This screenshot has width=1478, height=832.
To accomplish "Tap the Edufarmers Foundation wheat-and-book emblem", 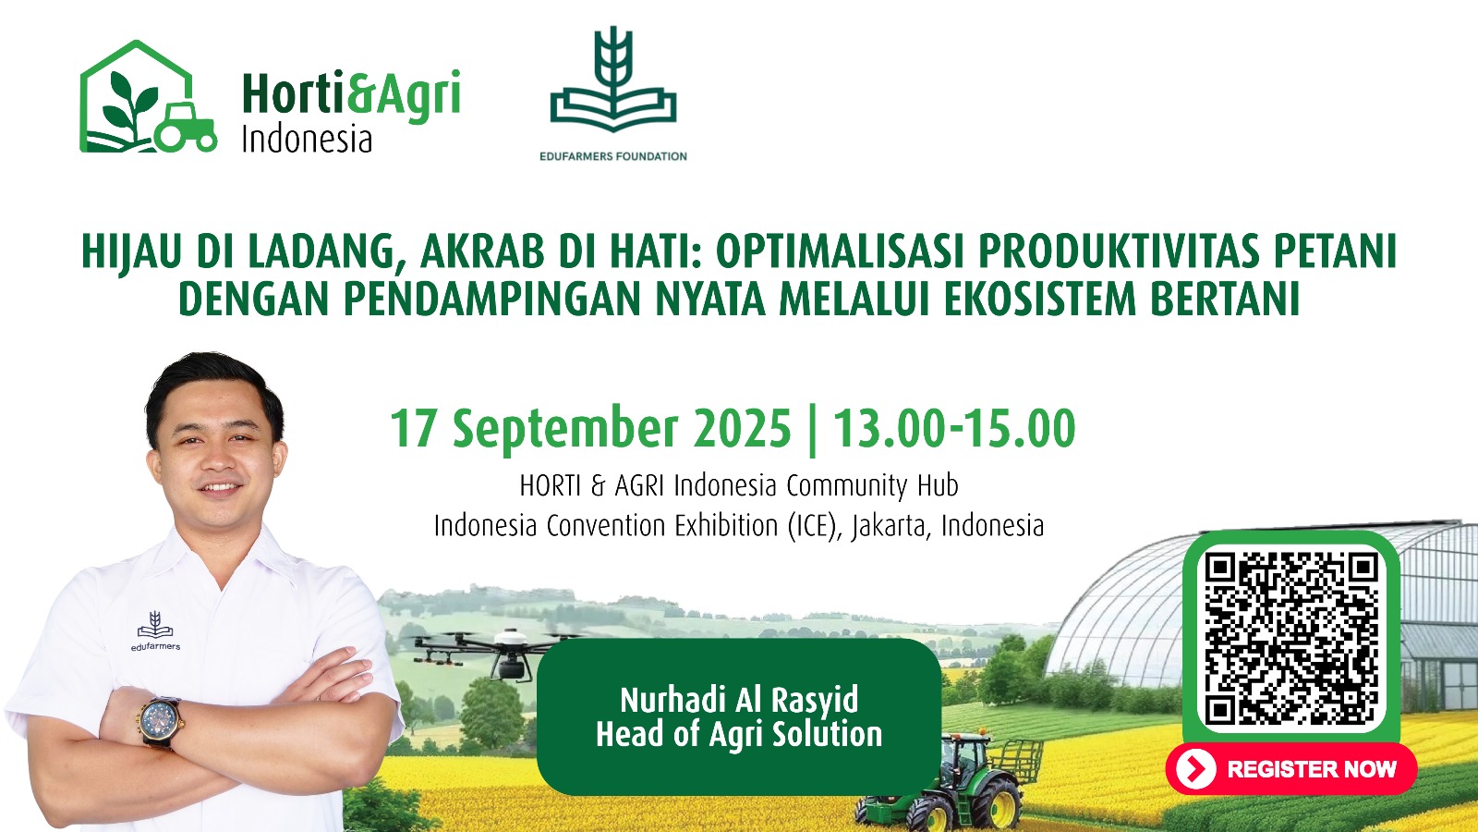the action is point(613,80).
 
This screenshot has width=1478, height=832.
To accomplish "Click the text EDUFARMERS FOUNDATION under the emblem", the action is point(613,156).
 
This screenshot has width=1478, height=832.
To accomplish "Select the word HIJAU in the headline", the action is point(131,252).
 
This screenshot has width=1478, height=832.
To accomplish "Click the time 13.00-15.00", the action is point(954,429).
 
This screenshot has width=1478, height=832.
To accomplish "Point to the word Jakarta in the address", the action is point(890,527).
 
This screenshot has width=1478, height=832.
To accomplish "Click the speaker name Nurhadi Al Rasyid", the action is point(739,700).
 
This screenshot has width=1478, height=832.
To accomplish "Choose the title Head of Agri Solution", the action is point(739,734).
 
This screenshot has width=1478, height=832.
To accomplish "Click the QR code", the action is point(1291,639).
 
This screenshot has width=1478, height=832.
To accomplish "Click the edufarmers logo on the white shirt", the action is point(155,631).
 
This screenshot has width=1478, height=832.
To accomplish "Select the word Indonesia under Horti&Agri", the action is point(307,140).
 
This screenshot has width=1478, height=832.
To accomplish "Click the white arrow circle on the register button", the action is point(1195,769).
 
